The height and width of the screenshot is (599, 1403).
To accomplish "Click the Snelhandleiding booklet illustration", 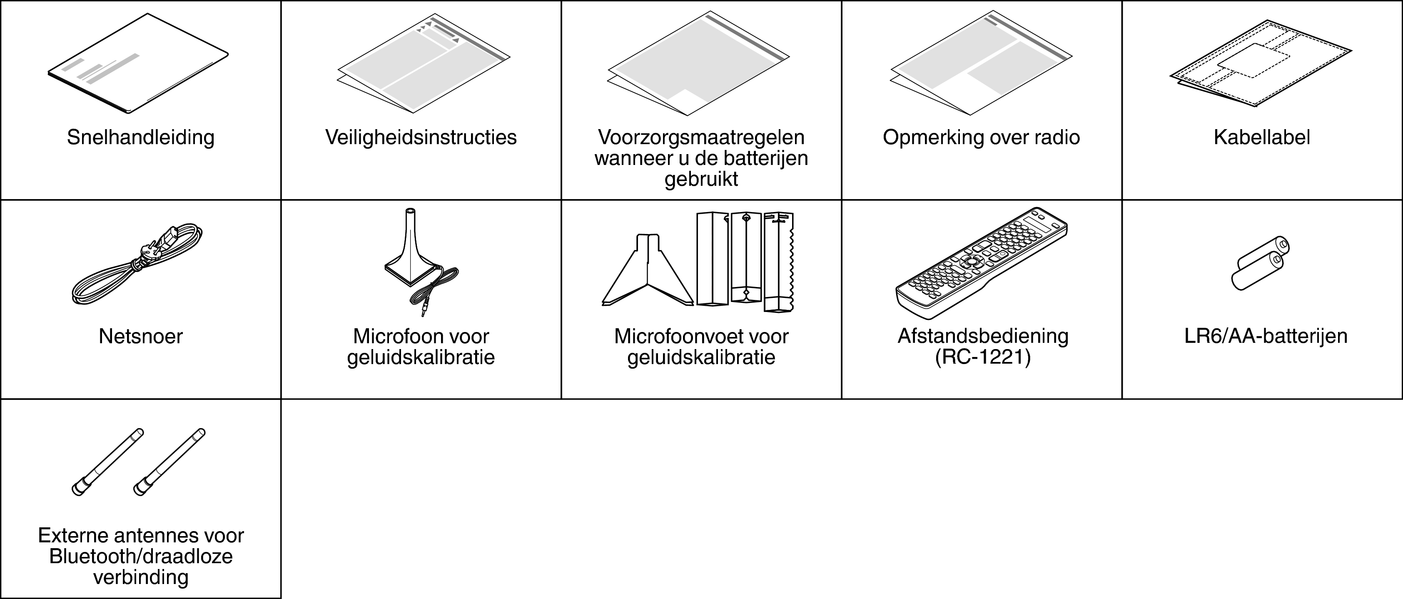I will pos(138,63).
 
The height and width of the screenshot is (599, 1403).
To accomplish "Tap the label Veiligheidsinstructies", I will pos(421,137).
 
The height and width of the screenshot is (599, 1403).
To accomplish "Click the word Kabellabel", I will pos(1262,137).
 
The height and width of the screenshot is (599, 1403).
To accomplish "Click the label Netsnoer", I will pos(140,337).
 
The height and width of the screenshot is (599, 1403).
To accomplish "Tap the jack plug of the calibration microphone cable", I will pos(424,311).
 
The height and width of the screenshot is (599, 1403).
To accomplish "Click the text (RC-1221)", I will pos(982,357).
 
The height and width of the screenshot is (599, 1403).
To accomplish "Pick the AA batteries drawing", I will pos(1260,263).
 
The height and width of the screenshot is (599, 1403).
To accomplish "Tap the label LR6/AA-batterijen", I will pos(1266,336).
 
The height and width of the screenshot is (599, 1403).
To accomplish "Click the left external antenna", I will pos(108,462).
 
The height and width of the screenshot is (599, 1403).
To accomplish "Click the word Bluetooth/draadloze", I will pos(140,557).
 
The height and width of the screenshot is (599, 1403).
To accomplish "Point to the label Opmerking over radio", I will pos(981,137).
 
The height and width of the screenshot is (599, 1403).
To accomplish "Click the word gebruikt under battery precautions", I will pos(701,179).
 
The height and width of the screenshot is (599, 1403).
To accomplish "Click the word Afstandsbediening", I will pos(982,336).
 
